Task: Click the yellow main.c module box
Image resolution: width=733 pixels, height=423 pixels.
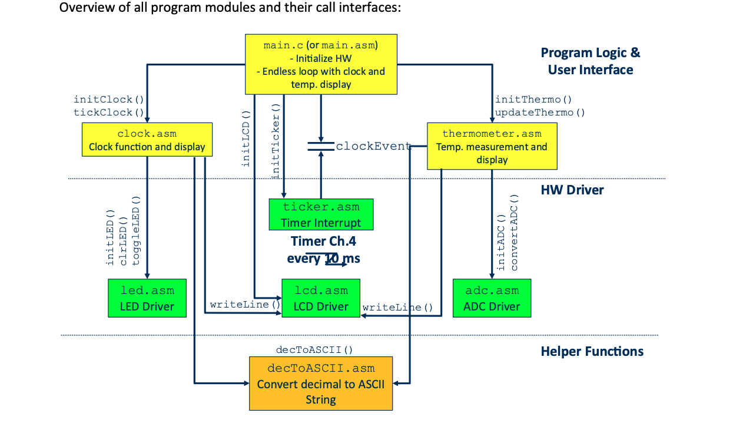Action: coord(321,64)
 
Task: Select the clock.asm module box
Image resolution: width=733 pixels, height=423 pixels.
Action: coord(147,140)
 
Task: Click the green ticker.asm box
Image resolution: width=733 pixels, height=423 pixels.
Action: coord(321,214)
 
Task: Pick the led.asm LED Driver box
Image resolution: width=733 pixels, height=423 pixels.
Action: coord(147,298)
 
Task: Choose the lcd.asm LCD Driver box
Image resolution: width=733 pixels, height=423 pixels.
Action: coord(321,298)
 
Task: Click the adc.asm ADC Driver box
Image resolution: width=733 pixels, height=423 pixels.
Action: coord(492,298)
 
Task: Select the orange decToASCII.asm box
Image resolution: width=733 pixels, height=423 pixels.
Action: coord(321,384)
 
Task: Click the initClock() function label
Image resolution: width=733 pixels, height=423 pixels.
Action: coord(109,100)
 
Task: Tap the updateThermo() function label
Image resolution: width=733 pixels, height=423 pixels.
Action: coord(540,112)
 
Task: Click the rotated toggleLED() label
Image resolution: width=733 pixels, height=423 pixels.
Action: coord(137,236)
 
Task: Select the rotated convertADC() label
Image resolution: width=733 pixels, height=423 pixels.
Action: coord(514,233)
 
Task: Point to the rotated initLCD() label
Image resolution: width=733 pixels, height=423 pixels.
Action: coord(246,139)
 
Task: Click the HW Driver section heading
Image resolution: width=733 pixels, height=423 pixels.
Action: coord(572,190)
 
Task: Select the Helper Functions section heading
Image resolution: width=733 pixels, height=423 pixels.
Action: coord(592,352)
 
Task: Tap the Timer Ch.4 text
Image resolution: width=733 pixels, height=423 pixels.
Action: coord(323,241)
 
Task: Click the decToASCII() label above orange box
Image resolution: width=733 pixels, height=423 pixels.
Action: coord(314,350)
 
